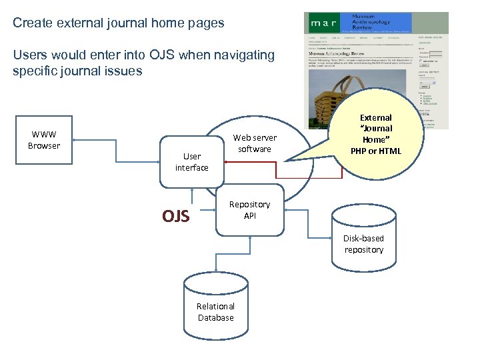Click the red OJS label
click(x=176, y=216)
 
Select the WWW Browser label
click(x=44, y=140)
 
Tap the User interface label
click(x=192, y=162)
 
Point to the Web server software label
click(x=255, y=143)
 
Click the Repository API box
click(x=249, y=210)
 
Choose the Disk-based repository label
click(x=364, y=244)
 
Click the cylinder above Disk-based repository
click(x=364, y=217)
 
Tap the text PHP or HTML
click(x=376, y=151)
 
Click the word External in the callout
click(x=376, y=117)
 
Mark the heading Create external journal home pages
click(x=119, y=23)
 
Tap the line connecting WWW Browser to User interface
click(x=117, y=139)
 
